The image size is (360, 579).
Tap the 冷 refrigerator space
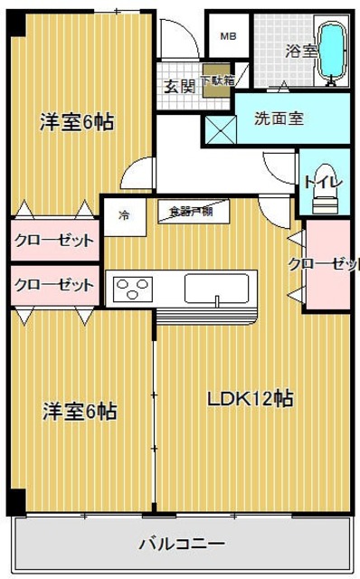click(123, 215)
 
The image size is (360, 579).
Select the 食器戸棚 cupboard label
click(190, 212)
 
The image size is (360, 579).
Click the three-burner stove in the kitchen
click(133, 289)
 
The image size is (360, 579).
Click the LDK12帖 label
click(251, 400)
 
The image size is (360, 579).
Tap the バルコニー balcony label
click(181, 545)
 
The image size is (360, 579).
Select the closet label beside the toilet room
click(323, 264)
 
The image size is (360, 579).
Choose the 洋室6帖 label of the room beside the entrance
click(77, 122)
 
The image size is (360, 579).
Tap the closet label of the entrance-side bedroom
click(53, 241)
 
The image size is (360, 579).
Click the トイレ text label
click(323, 182)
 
